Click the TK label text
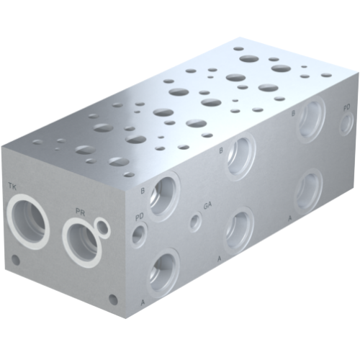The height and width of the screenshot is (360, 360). [12, 187]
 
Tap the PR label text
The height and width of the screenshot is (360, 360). [81, 212]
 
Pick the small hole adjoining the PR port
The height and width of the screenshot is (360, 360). [104, 229]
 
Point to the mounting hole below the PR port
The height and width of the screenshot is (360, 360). [112, 297]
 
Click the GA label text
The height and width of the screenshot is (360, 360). [207, 205]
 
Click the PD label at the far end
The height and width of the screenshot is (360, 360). [346, 107]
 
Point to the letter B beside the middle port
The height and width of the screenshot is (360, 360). [220, 150]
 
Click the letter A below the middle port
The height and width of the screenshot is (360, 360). [219, 257]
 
